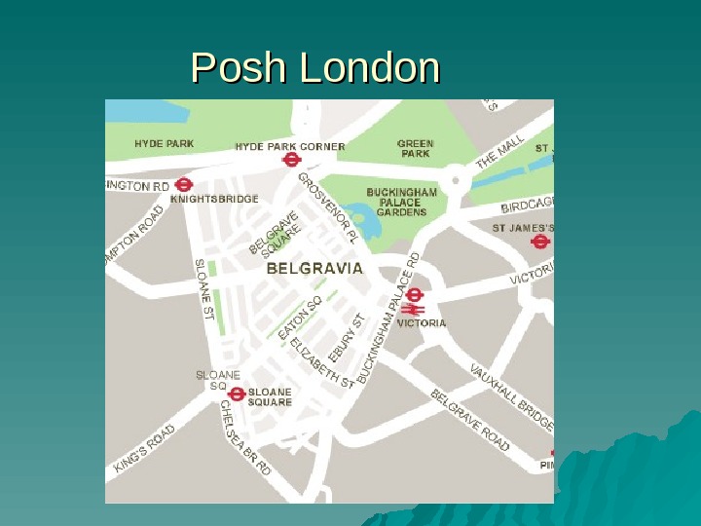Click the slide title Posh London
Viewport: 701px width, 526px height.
tap(315, 69)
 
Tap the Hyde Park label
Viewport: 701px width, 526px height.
tap(165, 144)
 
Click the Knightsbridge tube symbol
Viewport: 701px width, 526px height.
tap(184, 185)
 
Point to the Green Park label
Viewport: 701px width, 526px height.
tap(416, 148)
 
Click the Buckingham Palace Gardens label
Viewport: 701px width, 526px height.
tap(401, 202)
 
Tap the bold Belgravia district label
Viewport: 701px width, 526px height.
tap(314, 267)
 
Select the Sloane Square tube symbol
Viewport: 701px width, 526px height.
tap(236, 394)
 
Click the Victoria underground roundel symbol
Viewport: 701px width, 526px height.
tap(415, 294)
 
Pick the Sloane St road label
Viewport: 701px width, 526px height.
tap(204, 289)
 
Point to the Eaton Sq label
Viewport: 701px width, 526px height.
tap(300, 318)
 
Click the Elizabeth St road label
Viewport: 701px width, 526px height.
tap(322, 362)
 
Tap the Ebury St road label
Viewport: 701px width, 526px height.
tap(347, 335)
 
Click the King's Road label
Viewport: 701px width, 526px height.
tap(144, 448)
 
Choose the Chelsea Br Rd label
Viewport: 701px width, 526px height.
tap(244, 437)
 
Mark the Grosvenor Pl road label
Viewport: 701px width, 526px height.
tap(328, 207)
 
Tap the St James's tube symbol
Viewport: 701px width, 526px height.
tap(540, 243)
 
